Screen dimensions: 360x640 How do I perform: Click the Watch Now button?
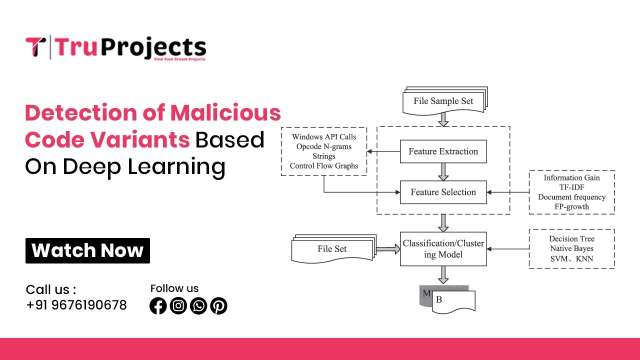(x=87, y=250)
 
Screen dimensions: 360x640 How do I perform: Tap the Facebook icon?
(x=158, y=305)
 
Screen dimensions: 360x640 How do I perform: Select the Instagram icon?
(x=178, y=305)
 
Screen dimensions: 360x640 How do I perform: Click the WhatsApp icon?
(x=198, y=305)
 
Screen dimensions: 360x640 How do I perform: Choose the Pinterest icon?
(x=218, y=305)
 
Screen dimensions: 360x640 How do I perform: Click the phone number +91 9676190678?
(x=76, y=305)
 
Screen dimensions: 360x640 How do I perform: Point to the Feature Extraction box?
(x=443, y=151)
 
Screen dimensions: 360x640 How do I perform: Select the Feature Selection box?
(x=443, y=192)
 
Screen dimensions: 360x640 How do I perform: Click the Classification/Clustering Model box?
(x=443, y=249)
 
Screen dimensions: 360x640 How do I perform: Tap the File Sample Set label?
(x=443, y=101)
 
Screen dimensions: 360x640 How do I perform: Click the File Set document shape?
(x=332, y=249)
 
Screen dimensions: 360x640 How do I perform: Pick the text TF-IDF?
(x=572, y=187)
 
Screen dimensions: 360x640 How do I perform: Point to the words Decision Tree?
(x=572, y=239)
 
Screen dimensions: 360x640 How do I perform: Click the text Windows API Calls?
(x=324, y=137)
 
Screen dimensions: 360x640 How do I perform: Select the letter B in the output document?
(x=439, y=300)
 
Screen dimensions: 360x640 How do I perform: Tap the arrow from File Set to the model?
(x=386, y=249)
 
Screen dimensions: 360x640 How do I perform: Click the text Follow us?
(x=174, y=288)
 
